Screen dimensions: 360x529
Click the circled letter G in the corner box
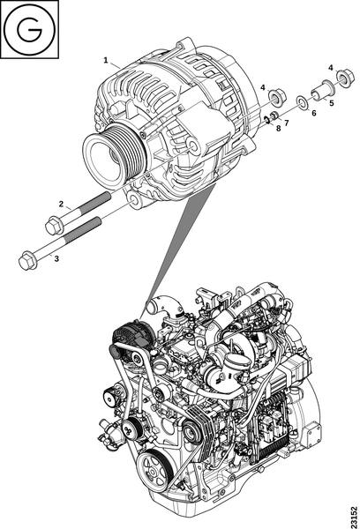coord(30,29)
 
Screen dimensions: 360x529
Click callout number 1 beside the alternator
coord(106,60)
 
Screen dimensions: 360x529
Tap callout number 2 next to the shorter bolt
coord(61,204)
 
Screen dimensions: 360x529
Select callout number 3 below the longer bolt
coord(56,258)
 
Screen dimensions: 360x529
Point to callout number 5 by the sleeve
coord(331,103)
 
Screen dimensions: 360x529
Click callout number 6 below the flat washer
coord(314,113)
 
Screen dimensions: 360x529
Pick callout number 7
coord(287,123)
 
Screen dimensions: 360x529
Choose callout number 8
coord(278,129)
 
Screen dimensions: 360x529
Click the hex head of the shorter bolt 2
coord(54,226)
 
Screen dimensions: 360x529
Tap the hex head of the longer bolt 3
coord(27,261)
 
